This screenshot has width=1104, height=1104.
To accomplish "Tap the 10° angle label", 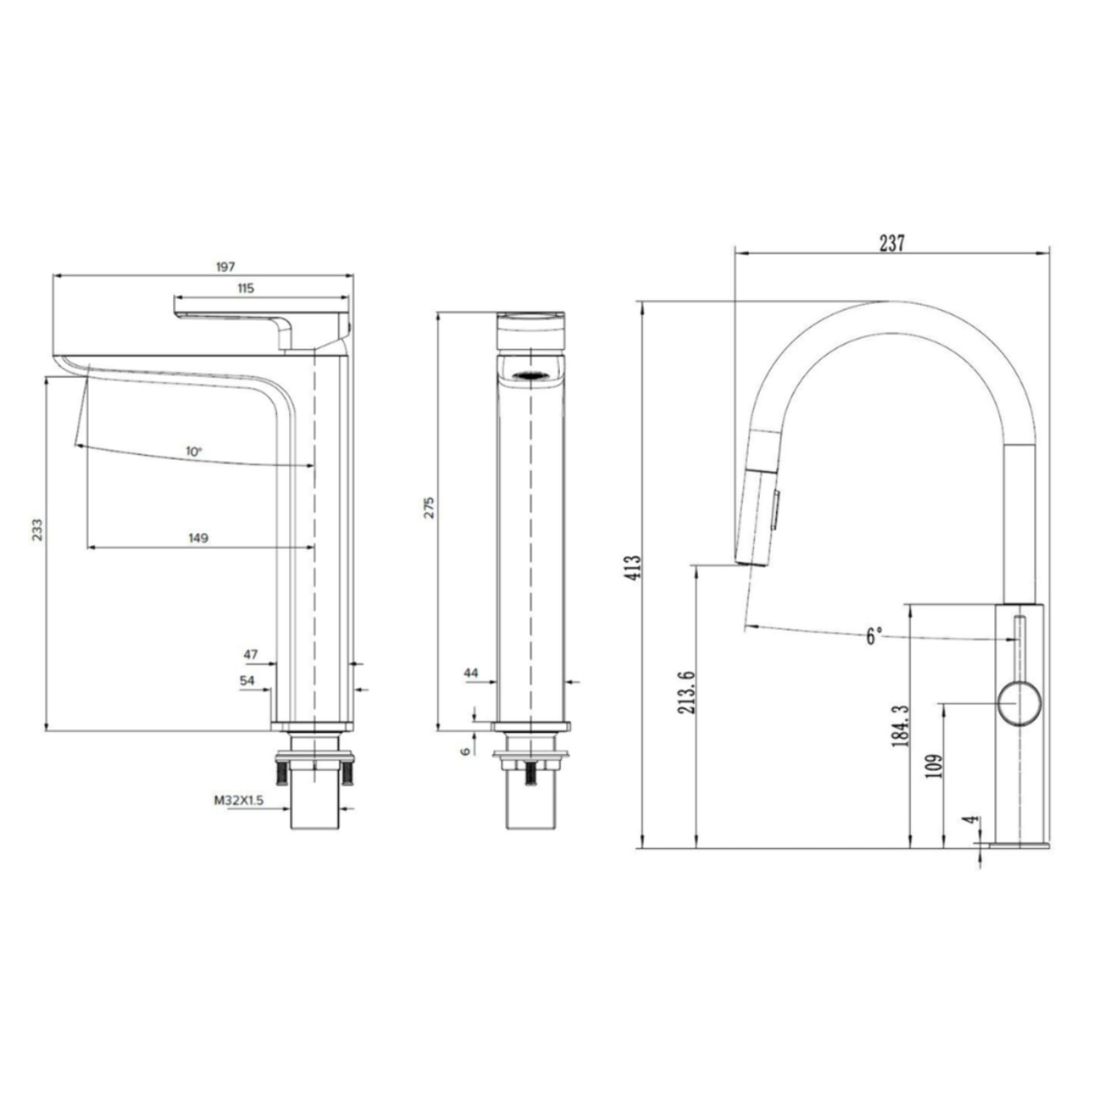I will [194, 451].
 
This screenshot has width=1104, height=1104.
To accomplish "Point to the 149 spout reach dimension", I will [198, 537].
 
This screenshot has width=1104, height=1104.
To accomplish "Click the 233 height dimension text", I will [37, 530].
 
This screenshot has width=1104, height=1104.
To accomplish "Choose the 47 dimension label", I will [250, 655].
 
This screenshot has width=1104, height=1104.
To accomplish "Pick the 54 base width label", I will [247, 681].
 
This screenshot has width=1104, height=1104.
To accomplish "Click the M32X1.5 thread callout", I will [239, 800].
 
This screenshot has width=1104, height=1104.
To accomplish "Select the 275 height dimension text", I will [429, 507].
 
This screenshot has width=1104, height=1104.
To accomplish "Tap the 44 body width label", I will [471, 673].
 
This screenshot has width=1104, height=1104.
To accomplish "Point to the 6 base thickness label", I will [466, 751].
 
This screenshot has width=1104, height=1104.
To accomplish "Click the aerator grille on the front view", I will [532, 375].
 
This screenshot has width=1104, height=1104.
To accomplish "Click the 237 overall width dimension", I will [892, 244].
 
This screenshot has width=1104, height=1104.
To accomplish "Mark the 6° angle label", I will [874, 636].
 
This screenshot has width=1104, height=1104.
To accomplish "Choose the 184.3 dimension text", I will [901, 726].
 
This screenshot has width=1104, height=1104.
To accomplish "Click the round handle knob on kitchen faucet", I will [1019, 704].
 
